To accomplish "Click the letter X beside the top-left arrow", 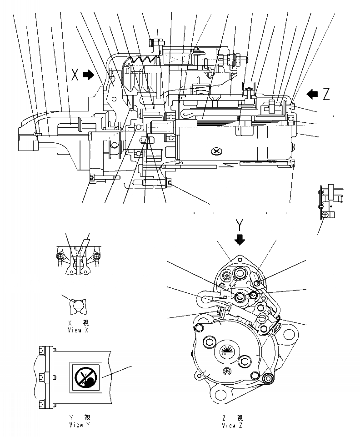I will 75,74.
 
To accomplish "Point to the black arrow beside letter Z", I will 313,94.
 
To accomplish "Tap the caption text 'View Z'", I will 232,426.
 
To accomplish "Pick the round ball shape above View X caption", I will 75,307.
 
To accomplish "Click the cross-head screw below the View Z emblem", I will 227,372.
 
